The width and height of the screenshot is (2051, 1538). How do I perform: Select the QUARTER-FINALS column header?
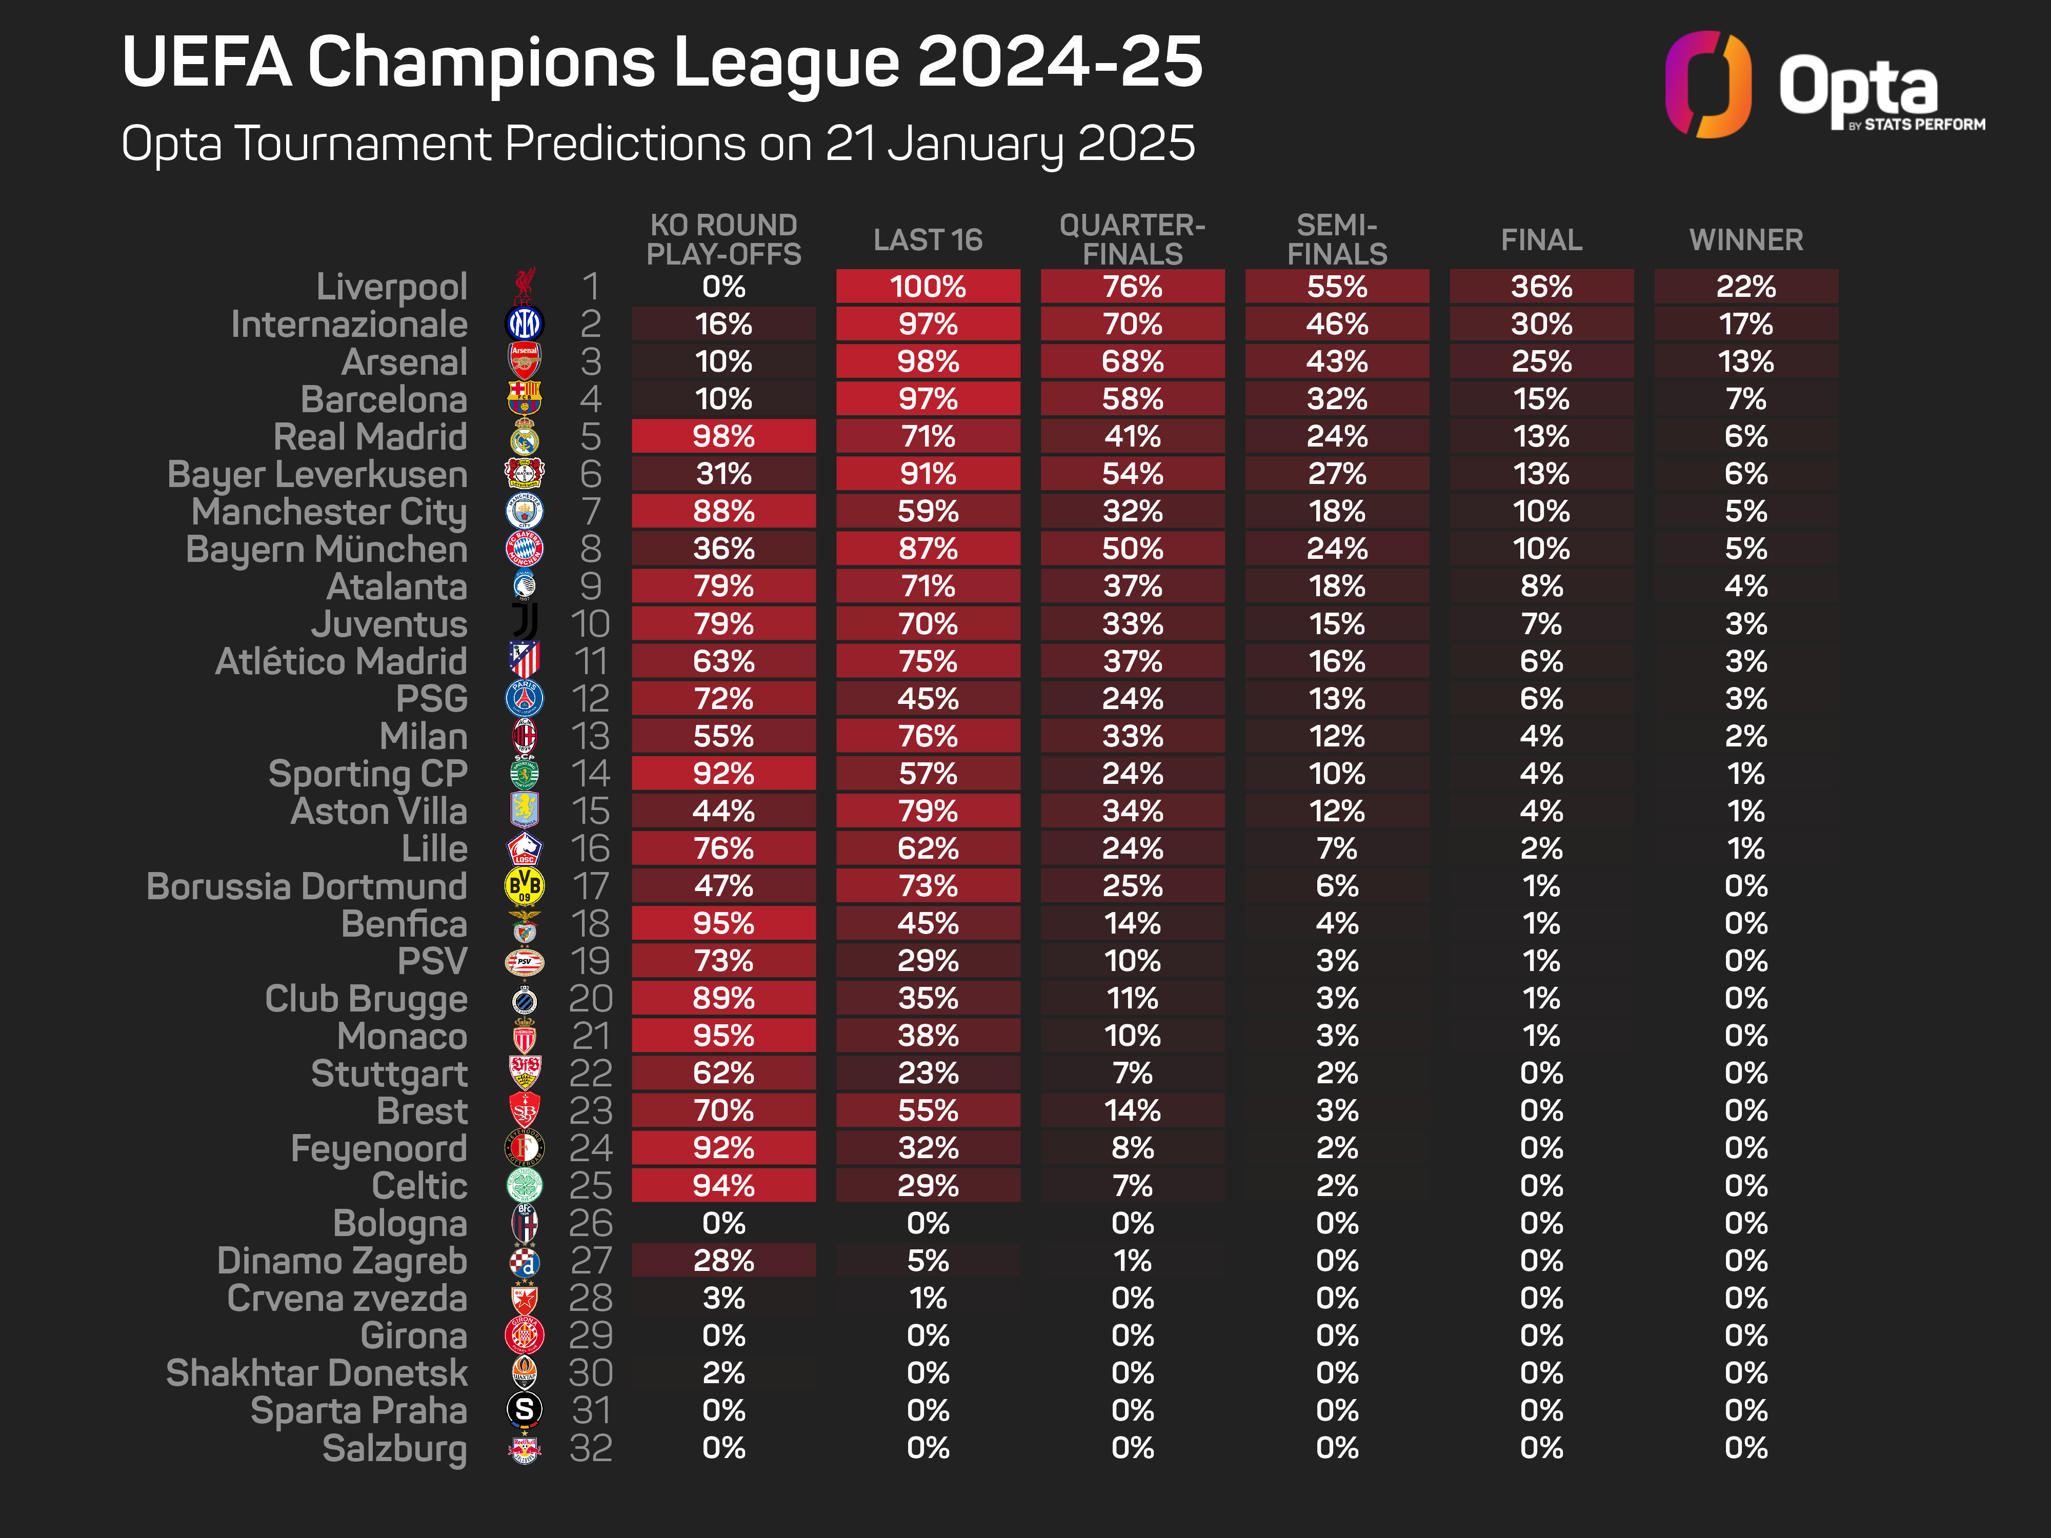click(x=1132, y=239)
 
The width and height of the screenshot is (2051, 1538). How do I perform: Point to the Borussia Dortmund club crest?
click(x=524, y=886)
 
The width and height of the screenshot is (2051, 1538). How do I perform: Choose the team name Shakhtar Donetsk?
click(x=316, y=1373)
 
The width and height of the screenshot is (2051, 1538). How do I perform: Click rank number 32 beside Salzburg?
click(x=591, y=1448)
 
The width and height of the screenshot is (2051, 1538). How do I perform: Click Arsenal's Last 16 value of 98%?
click(x=928, y=361)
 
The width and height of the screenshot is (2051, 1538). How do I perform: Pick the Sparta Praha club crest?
click(x=524, y=1410)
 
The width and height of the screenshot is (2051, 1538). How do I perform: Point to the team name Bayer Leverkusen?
click(x=317, y=475)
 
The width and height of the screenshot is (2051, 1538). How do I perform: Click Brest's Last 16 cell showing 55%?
click(x=928, y=1110)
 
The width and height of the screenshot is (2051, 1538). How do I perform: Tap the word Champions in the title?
click(x=481, y=63)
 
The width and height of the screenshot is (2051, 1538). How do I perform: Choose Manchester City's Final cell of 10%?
click(x=1541, y=512)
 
